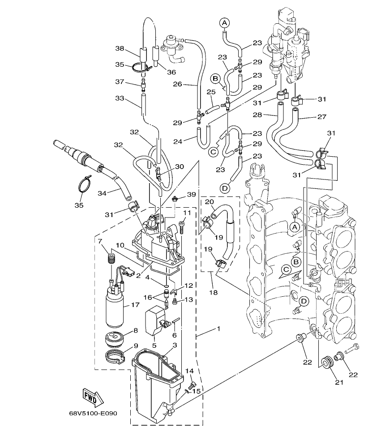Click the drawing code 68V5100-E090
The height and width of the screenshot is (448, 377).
[93, 413]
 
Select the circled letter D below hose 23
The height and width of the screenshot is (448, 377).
[225, 188]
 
